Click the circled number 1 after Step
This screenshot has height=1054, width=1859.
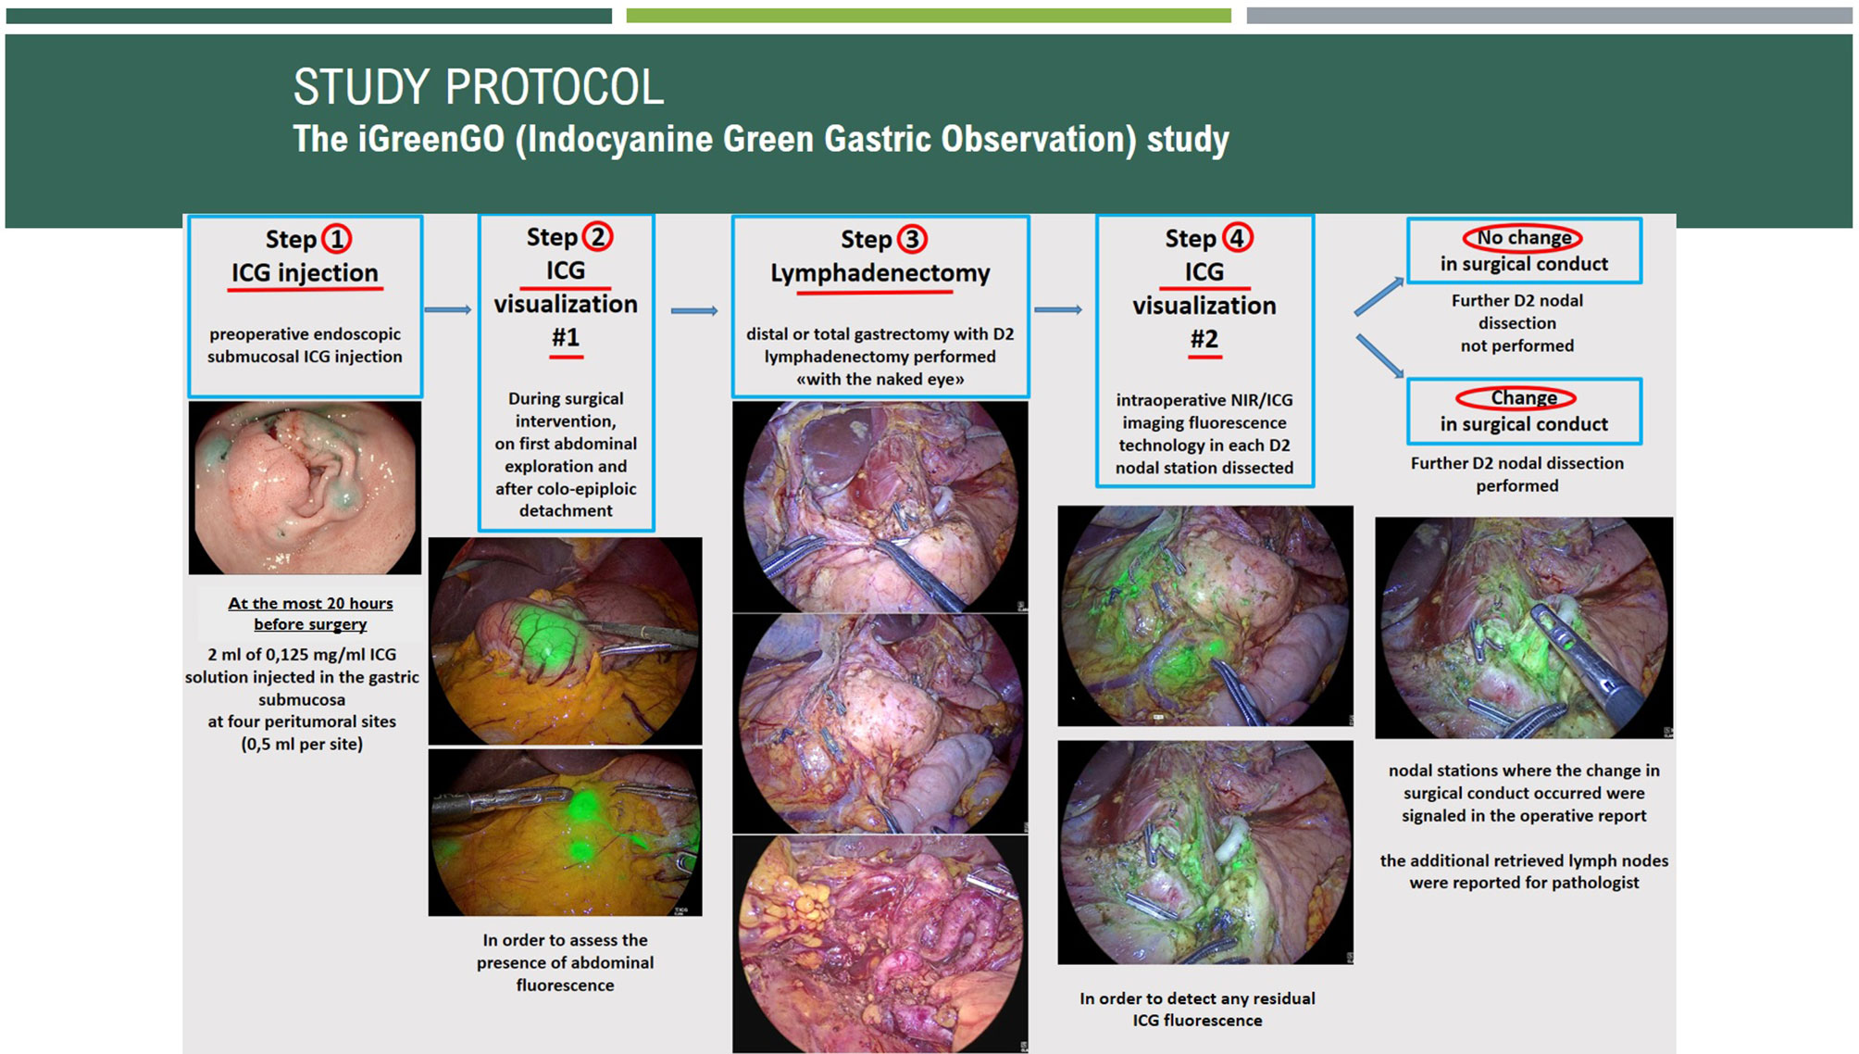click(x=337, y=239)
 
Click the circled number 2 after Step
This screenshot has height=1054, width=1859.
click(x=598, y=237)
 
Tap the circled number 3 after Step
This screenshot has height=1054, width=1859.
click(x=912, y=239)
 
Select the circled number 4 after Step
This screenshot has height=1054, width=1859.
click(x=1237, y=238)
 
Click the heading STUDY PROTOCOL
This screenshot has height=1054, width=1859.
click(x=479, y=87)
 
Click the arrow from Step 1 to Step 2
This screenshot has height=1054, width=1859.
click(x=448, y=309)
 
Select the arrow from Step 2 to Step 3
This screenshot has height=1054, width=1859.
click(x=694, y=311)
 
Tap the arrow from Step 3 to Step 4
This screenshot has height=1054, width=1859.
click(x=1058, y=309)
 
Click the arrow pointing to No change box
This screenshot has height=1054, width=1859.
click(x=1379, y=297)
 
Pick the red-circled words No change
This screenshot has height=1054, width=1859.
click(x=1523, y=238)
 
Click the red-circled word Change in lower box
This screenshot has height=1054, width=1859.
click(x=1523, y=398)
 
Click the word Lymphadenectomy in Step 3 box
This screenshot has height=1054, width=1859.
click(x=880, y=273)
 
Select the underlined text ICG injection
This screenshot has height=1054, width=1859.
click(x=305, y=273)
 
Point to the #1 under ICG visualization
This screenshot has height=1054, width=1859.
click(x=566, y=337)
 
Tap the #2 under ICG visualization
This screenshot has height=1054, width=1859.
click(x=1204, y=339)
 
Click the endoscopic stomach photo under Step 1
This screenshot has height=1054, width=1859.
click(x=305, y=488)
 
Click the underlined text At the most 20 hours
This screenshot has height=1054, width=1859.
click(x=311, y=603)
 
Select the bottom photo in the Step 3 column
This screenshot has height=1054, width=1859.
click(x=880, y=944)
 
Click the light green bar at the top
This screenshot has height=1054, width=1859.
click(x=929, y=16)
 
